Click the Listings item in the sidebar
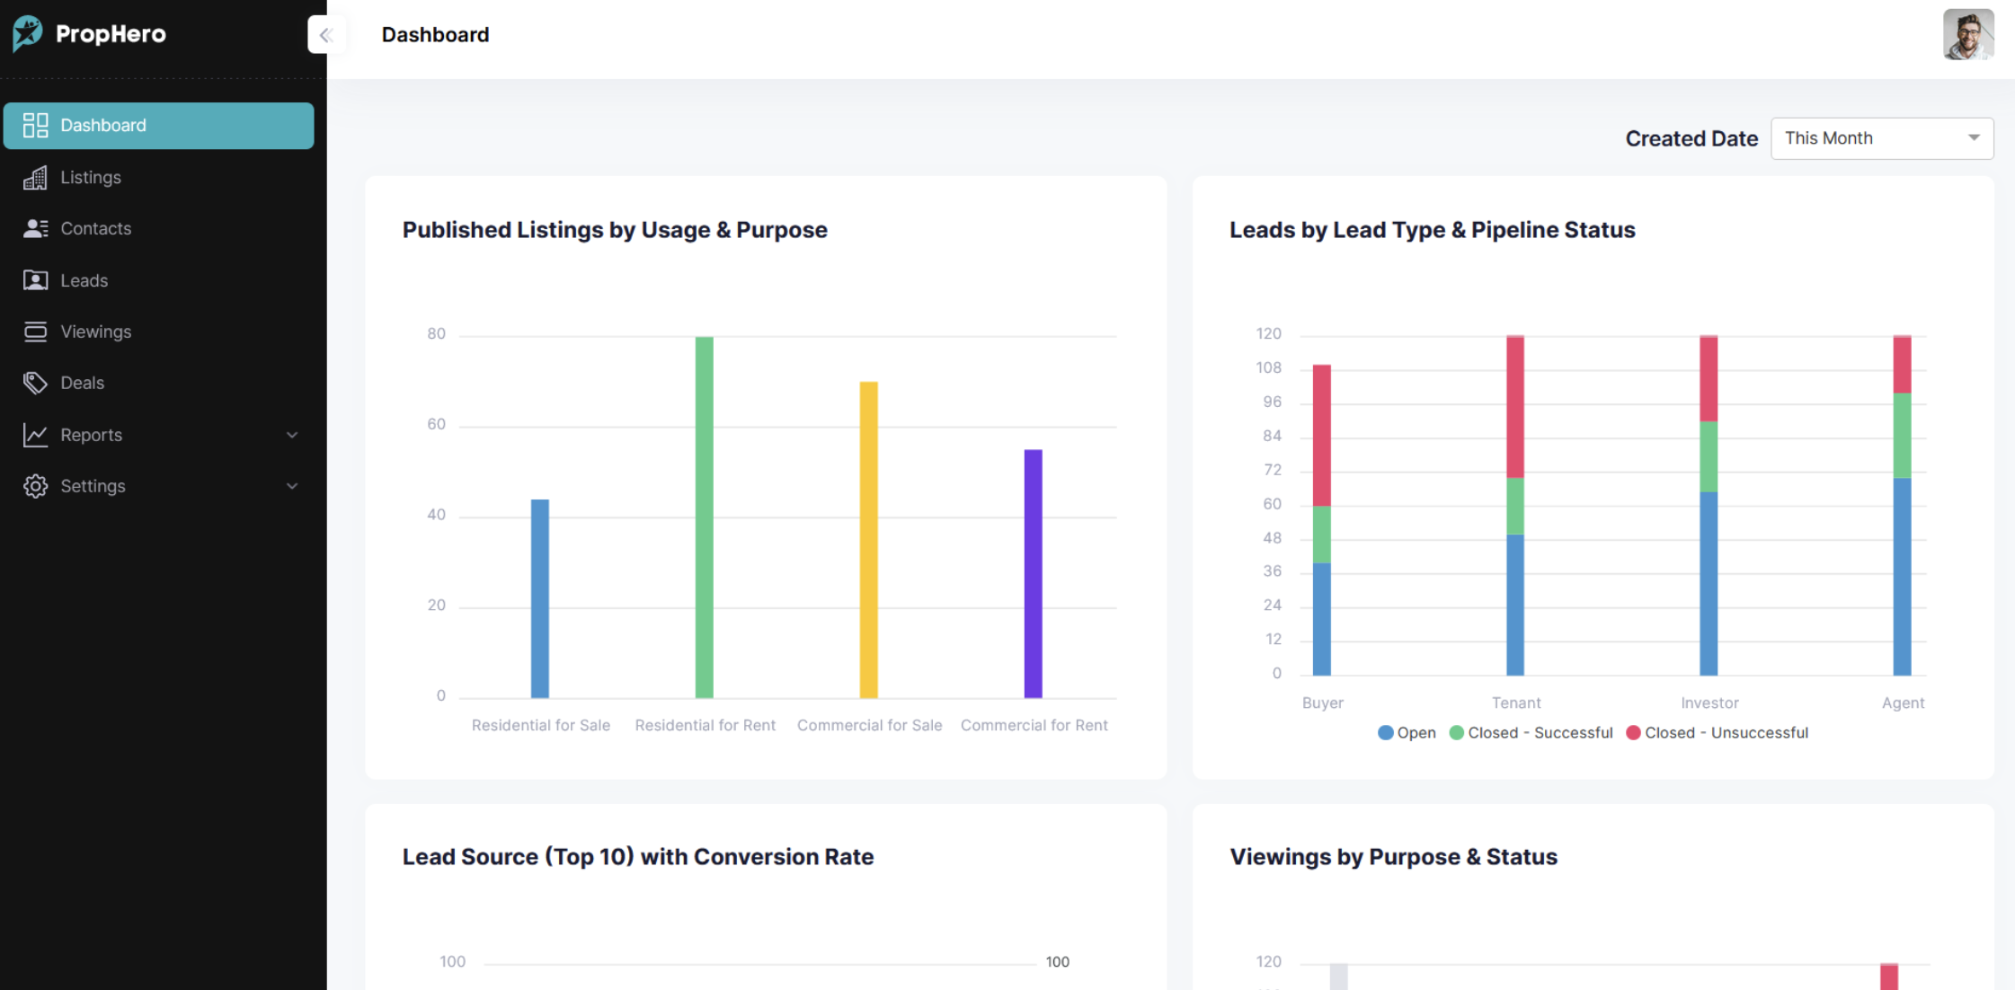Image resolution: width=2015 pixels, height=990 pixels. (90, 177)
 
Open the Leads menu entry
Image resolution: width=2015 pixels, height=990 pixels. (84, 280)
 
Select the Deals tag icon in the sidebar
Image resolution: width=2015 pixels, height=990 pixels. (35, 383)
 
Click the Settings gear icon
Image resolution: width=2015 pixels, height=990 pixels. (35, 486)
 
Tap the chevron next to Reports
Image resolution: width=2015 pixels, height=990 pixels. (292, 435)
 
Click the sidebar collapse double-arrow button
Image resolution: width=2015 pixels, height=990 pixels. (326, 35)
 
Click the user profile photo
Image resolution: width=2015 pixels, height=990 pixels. (1967, 35)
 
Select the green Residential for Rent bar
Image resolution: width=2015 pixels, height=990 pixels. (704, 517)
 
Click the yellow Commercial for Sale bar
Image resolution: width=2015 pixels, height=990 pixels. (868, 539)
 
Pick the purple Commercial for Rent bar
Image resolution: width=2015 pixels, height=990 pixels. (1033, 573)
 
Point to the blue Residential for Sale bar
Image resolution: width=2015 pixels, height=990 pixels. (539, 597)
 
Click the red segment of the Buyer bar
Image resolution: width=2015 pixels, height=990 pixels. (1321, 435)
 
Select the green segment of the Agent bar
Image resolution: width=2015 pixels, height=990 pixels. (1902, 435)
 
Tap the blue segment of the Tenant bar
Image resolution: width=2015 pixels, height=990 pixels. (1514, 605)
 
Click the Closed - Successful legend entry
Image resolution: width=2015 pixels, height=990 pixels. (1531, 733)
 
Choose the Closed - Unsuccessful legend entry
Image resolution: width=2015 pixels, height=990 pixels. (1718, 733)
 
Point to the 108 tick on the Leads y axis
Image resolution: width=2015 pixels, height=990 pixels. (1268, 367)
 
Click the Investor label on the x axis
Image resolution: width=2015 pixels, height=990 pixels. (1709, 703)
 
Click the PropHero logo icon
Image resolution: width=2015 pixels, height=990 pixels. (28, 34)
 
